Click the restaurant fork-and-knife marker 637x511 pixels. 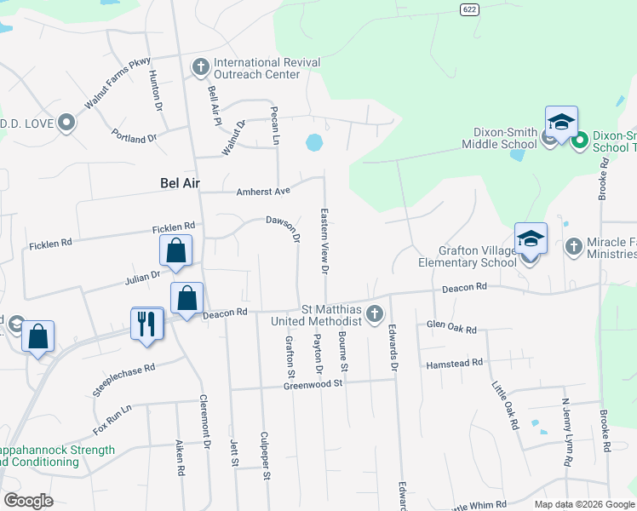tap(147, 324)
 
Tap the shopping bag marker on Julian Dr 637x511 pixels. tap(175, 251)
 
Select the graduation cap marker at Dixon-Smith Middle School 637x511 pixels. tap(561, 123)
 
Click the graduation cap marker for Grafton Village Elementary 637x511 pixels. tap(530, 239)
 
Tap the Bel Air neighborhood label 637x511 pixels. tap(180, 182)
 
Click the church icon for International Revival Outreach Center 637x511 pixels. tap(201, 65)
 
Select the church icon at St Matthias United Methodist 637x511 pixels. tap(373, 316)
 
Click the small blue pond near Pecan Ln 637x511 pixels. tap(314, 141)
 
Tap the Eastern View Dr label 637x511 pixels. tap(324, 241)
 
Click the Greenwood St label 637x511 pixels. tap(313, 385)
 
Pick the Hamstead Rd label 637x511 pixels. tap(454, 363)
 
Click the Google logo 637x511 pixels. tap(29, 501)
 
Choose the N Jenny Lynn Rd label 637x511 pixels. tap(565, 430)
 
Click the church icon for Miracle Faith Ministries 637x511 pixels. tap(573, 246)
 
